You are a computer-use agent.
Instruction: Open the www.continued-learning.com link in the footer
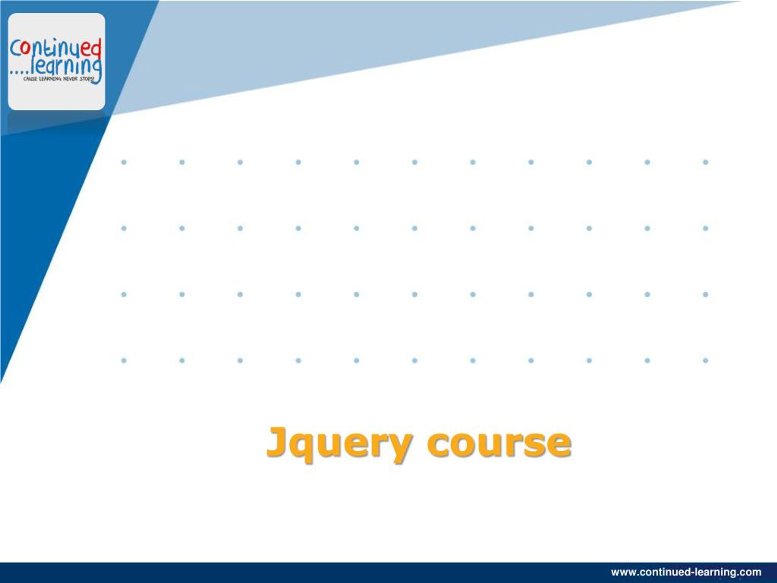click(x=686, y=572)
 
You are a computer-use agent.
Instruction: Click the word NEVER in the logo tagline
click(x=70, y=79)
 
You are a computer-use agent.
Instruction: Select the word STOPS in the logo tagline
click(x=87, y=79)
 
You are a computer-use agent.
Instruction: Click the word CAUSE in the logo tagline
click(x=29, y=79)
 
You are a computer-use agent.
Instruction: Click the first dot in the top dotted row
click(x=124, y=162)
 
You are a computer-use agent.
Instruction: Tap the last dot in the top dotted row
click(x=705, y=162)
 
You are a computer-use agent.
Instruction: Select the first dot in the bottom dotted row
click(x=124, y=360)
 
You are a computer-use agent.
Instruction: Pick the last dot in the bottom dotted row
click(x=705, y=360)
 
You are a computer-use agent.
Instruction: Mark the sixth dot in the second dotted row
click(x=415, y=228)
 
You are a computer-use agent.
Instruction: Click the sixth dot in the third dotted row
click(x=415, y=294)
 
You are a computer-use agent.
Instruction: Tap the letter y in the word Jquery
click(x=399, y=448)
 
